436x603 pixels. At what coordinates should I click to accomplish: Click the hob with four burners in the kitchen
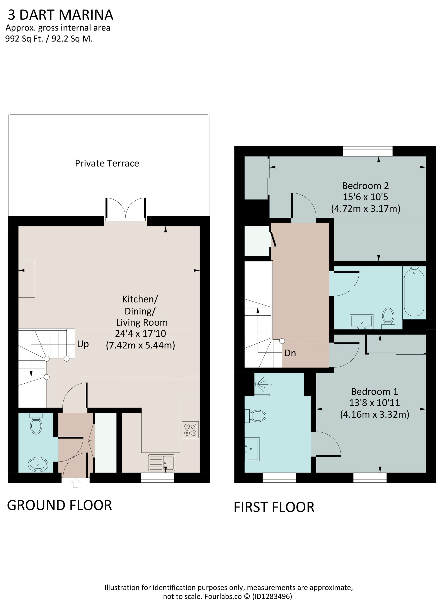[x=190, y=430]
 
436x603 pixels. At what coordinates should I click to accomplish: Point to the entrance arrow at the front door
[x=75, y=483]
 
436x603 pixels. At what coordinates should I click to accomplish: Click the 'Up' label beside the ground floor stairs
[x=83, y=344]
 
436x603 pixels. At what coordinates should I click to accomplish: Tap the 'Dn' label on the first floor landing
[x=290, y=353]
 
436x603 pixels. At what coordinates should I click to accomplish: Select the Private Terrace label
[x=107, y=163]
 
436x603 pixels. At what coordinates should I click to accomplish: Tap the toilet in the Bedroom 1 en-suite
[x=256, y=416]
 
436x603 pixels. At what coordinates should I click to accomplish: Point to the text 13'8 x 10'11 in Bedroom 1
[x=374, y=403]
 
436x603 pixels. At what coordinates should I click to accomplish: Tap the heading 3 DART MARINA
[x=61, y=15]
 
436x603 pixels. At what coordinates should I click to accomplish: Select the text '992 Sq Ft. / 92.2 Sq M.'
[x=49, y=39]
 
